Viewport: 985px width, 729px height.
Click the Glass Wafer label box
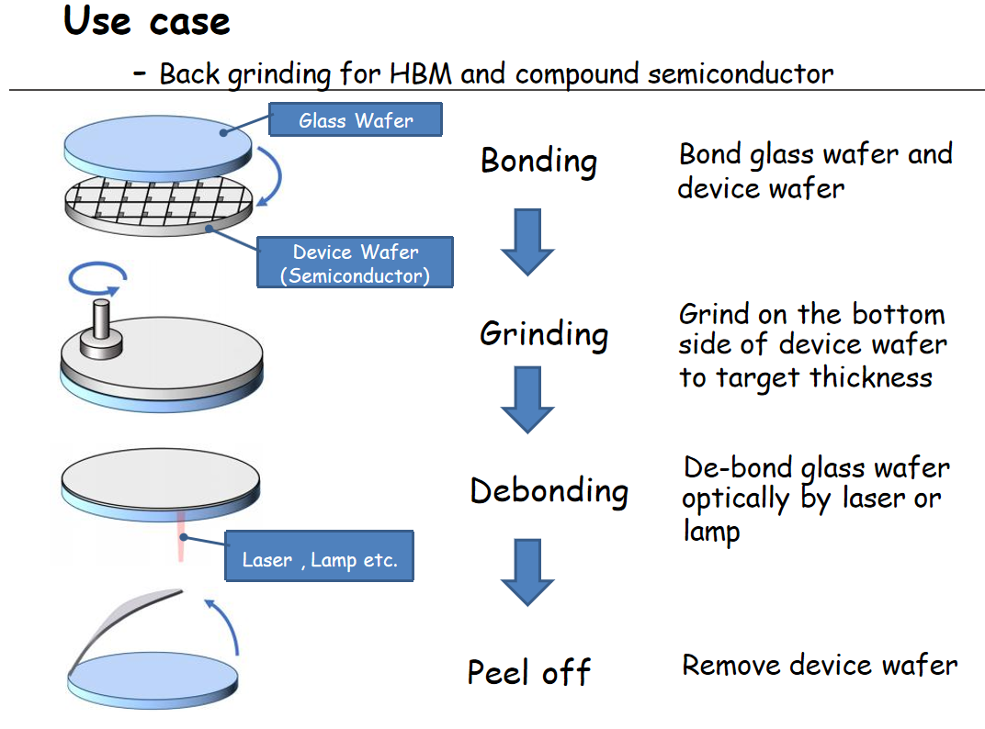pos(356,120)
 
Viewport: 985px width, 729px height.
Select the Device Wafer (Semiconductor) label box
pos(356,263)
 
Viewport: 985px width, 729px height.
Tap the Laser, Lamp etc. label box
pos(320,560)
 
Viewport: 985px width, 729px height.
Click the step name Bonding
pos(538,161)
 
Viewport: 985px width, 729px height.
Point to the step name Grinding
pos(544,333)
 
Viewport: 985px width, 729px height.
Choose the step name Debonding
pos(549,490)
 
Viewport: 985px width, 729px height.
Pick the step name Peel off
pos(528,672)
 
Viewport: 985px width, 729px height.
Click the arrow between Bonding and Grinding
pos(527,241)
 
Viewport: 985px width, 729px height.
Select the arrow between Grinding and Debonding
pos(527,399)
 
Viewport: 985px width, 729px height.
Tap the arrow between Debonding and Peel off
pos(527,572)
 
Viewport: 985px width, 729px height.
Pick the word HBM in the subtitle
pos(421,73)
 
